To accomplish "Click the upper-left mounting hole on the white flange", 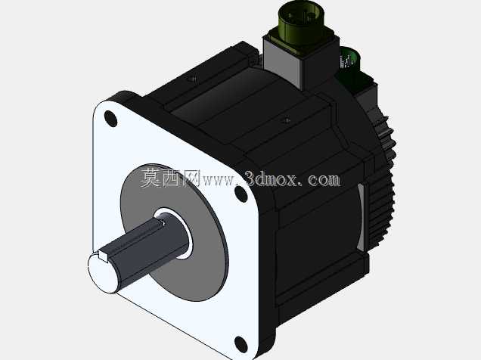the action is pos(110,119).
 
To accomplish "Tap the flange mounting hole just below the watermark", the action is pos(241,194).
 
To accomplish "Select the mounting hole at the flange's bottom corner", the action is pos(241,344).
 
